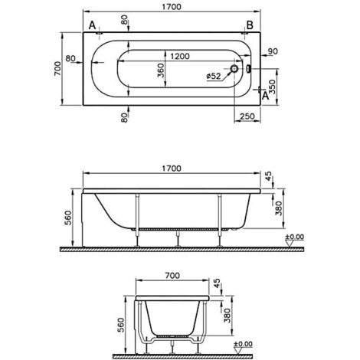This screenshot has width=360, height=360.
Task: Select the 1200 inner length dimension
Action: pyautogui.click(x=181, y=57)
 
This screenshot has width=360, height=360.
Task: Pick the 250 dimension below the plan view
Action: pyautogui.click(x=247, y=116)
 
